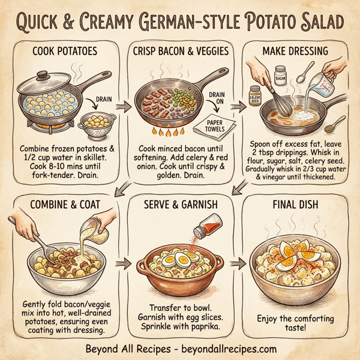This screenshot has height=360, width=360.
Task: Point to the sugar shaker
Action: pos(280,79)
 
